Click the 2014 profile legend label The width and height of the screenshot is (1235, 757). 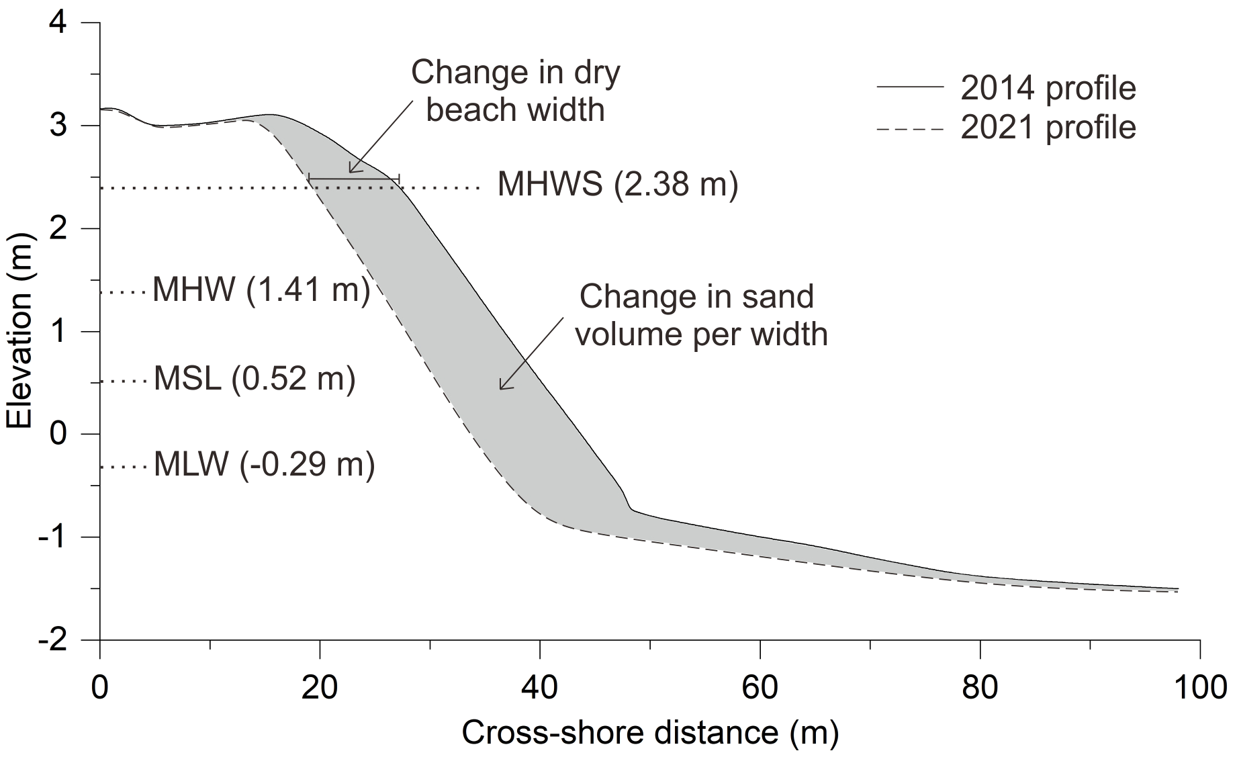[x=1048, y=88]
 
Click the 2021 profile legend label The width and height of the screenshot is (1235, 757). [x=1048, y=128]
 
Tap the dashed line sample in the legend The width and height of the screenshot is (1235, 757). [x=910, y=128]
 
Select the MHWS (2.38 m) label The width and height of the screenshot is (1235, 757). [x=617, y=184]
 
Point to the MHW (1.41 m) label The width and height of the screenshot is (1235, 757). [x=261, y=291]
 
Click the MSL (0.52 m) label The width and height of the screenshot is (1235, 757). [x=255, y=379]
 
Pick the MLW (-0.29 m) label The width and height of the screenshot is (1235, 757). [x=264, y=464]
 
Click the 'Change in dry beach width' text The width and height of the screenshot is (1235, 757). [x=515, y=91]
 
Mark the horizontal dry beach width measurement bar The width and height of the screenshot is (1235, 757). [x=354, y=179]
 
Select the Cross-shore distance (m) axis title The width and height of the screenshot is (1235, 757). [x=649, y=733]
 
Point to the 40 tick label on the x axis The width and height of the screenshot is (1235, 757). [x=539, y=688]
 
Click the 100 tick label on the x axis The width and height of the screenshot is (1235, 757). [x=1199, y=688]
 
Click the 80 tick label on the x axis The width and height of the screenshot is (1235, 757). [x=980, y=688]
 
